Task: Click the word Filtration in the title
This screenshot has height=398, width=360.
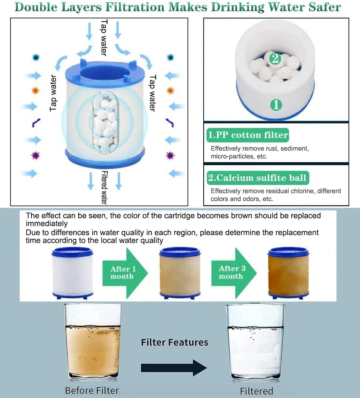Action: pos(135,7)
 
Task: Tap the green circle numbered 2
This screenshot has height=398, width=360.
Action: pos(275,59)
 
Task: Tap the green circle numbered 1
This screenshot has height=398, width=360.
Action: pos(276,104)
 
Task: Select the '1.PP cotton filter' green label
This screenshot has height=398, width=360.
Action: pos(247,135)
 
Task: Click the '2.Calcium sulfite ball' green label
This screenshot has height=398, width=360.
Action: pos(258,178)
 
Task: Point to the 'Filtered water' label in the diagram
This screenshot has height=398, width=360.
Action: pos(104,188)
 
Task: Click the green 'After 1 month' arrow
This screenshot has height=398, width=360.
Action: pos(125,273)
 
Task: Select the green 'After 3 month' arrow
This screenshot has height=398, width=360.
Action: pos(234,273)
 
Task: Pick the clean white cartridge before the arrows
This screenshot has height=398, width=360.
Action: pos(72,273)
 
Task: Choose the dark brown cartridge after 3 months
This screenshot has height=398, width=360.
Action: pos(288,273)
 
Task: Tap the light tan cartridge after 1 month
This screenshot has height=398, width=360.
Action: pos(180,273)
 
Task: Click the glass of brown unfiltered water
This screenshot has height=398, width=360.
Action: pos(93,342)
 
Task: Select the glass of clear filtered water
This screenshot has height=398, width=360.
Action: pos(255,342)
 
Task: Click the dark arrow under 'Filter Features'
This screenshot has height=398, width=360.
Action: pos(174,368)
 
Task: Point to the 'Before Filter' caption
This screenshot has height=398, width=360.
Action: pos(92,390)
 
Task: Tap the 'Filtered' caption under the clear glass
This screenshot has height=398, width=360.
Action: pos(256,391)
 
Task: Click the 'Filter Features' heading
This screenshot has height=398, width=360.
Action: pos(175,342)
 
